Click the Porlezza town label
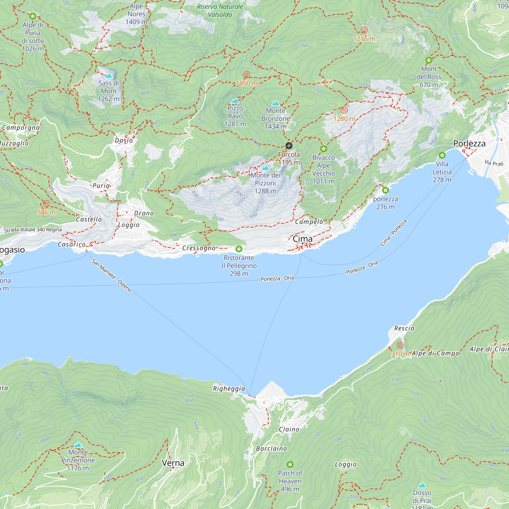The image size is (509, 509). point(469,143)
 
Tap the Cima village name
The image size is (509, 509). point(302,239)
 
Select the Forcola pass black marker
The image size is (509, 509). point(289,146)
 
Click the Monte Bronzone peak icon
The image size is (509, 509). point(276,103)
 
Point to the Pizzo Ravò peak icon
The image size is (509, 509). point(235,101)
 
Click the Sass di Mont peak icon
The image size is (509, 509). point(109,76)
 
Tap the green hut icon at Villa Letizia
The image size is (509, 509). point(442,155)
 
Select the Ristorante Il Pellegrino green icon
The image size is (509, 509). point(239,249)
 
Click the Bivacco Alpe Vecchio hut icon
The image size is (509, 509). point(323,149)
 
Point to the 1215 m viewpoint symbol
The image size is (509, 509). point(364,30)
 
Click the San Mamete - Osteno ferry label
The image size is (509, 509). point(111,275)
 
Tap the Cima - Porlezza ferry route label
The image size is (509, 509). point(394,233)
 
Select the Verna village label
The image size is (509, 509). point(173,463)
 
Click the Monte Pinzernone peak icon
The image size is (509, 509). point(78,445)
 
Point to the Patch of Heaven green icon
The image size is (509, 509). point(290,464)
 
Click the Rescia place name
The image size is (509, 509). point(404,328)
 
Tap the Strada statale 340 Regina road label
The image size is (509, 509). point(33,230)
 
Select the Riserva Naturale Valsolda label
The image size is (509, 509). point(220,10)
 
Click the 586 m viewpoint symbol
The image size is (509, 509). point(46,203)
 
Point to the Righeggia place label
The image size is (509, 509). point(229,389)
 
